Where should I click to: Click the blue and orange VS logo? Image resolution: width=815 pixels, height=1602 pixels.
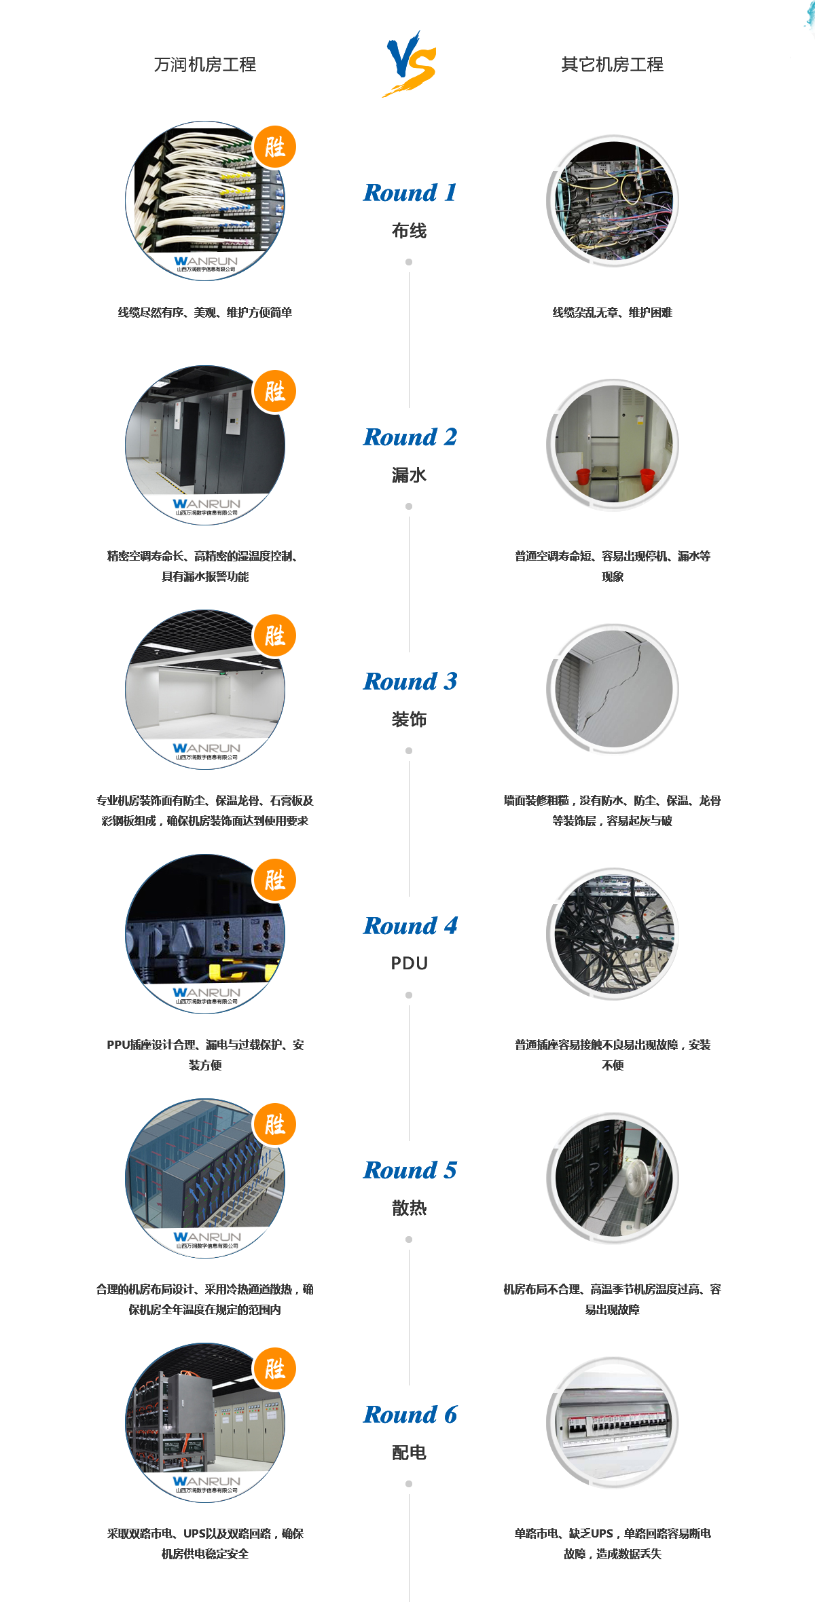(410, 64)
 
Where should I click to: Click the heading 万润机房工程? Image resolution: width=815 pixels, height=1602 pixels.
(205, 64)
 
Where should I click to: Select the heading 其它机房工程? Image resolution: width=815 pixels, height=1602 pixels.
(613, 64)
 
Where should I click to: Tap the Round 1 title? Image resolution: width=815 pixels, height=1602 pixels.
(410, 193)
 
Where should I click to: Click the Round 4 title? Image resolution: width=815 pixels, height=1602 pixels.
(410, 926)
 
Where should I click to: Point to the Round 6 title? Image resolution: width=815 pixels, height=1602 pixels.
(410, 1415)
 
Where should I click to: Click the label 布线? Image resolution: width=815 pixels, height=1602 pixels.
(409, 231)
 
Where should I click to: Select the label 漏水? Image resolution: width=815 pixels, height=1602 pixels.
(409, 475)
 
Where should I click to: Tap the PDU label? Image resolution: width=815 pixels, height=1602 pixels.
(409, 963)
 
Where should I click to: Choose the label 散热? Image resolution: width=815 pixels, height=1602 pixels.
(409, 1208)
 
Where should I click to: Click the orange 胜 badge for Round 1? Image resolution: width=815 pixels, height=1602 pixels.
(274, 147)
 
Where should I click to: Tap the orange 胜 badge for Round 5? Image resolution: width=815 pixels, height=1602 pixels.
(274, 1124)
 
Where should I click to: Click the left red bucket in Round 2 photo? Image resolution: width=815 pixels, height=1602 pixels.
(582, 476)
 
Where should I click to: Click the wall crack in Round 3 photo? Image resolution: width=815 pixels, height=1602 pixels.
(611, 686)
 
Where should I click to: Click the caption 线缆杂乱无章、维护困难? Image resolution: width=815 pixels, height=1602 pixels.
(613, 312)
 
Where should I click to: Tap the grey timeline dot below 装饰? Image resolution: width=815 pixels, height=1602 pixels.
(409, 751)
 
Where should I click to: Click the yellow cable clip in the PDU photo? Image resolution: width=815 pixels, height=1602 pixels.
(224, 971)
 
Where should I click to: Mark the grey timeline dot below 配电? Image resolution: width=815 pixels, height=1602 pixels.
(409, 1484)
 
